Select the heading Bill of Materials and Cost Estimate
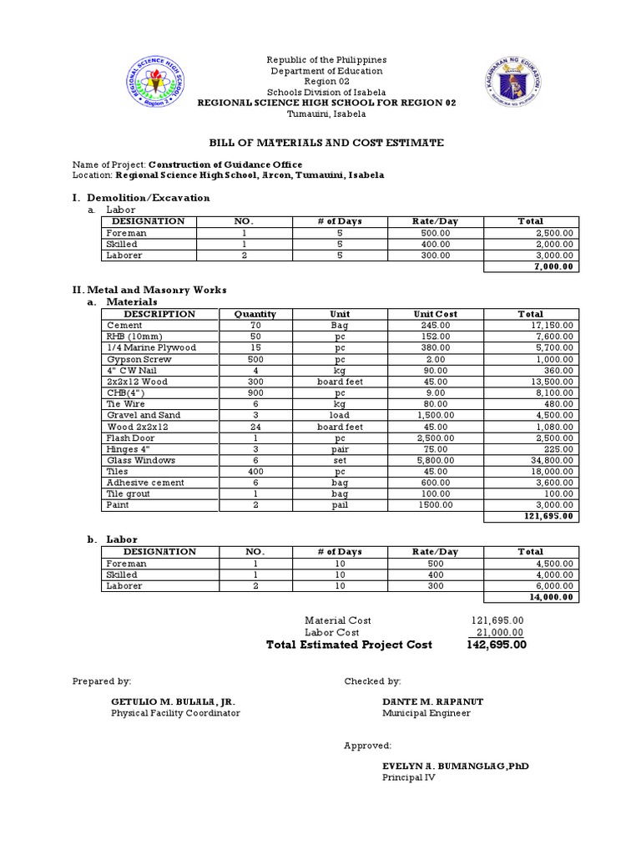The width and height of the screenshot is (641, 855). point(326,144)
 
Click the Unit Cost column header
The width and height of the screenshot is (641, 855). point(435,314)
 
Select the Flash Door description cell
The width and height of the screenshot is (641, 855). point(125,438)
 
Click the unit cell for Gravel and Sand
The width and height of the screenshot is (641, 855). point(339,415)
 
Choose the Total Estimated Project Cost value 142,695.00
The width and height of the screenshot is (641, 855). point(496,645)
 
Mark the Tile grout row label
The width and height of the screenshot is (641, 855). point(127,493)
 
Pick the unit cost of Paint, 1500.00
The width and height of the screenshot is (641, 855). point(435,505)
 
